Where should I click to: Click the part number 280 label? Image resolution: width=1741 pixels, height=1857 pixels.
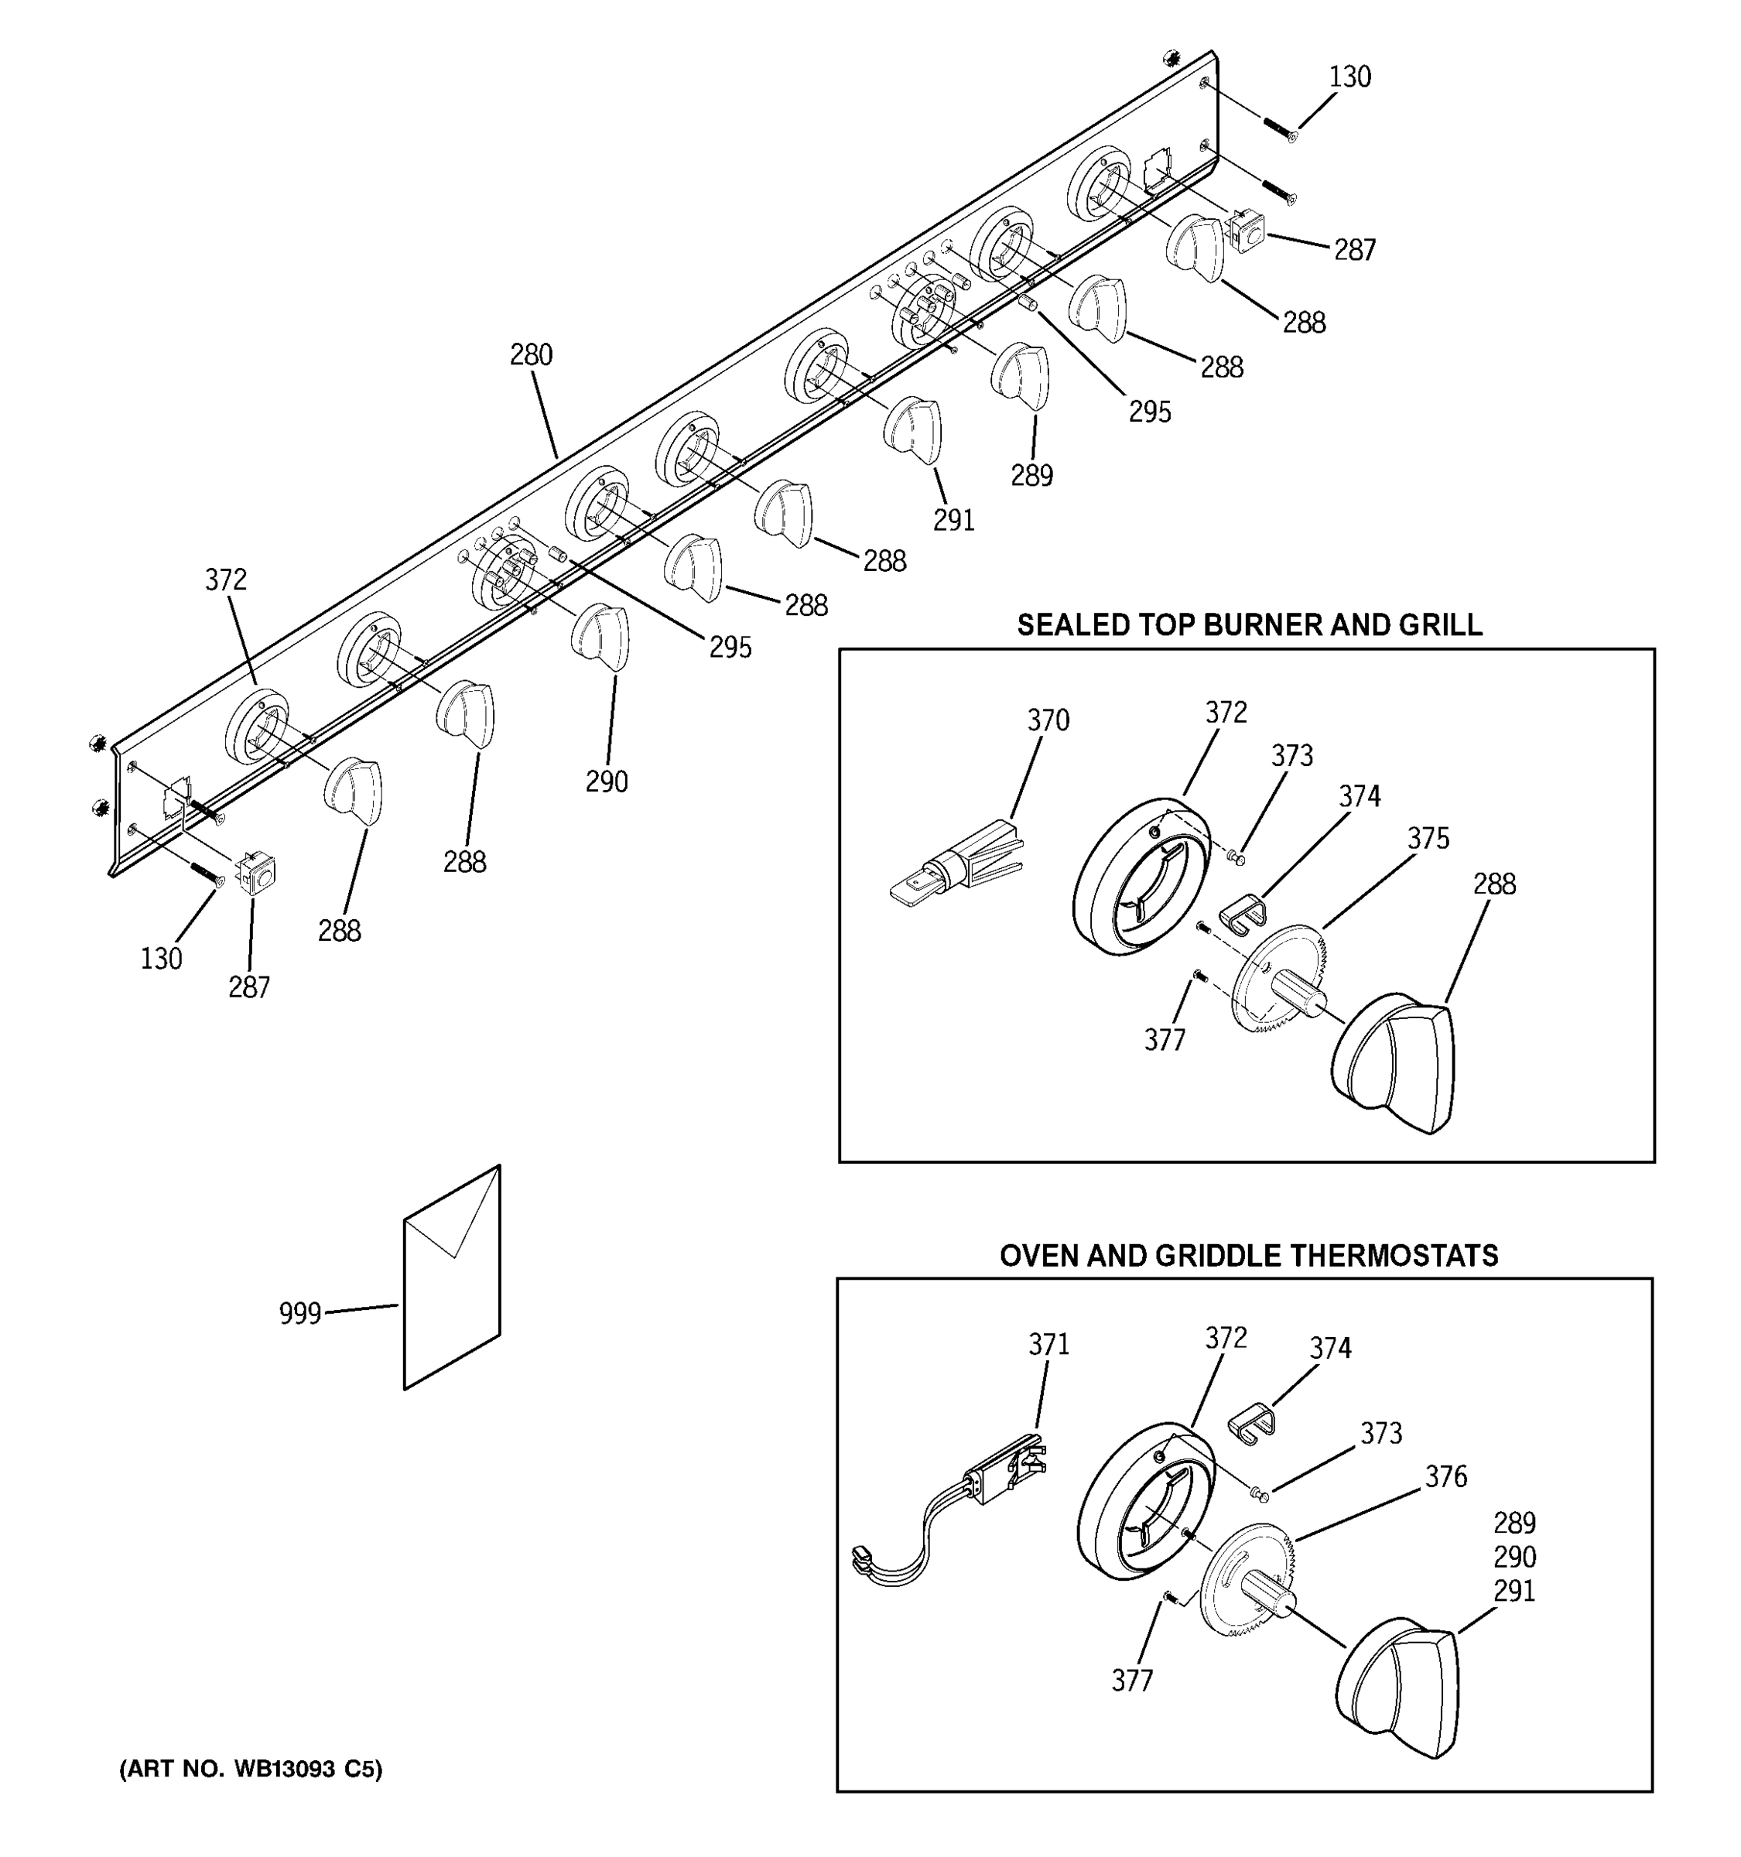531,355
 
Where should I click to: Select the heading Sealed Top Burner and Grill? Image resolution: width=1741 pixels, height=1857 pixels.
1249,625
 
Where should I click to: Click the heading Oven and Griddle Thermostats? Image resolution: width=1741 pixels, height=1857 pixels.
1248,1256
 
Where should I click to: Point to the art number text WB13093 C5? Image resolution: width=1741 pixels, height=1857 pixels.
250,1770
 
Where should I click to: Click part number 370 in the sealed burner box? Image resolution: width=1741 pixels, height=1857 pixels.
1048,720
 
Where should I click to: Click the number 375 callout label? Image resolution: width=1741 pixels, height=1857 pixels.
1428,839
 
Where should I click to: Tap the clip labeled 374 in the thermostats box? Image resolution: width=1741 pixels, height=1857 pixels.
1250,1424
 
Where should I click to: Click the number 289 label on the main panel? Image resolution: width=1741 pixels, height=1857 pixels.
1031,477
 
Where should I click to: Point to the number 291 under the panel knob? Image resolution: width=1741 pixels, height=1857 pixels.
953,520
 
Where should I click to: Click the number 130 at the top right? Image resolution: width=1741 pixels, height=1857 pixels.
1349,77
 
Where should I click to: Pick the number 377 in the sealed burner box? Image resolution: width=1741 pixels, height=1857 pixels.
1165,1040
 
